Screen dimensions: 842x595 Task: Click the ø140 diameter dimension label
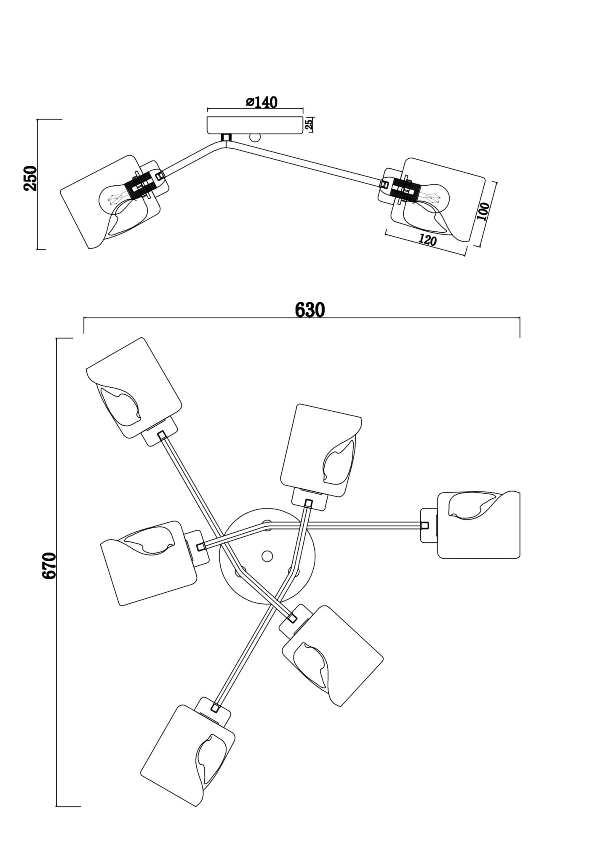(261, 102)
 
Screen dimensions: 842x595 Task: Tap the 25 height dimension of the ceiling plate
(308, 124)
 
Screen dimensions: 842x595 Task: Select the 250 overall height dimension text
(30, 178)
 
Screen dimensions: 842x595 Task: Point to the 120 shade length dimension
(427, 240)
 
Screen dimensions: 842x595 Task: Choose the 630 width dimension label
(310, 310)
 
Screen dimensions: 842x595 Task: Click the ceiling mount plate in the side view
(255, 125)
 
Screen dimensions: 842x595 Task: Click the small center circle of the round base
(267, 556)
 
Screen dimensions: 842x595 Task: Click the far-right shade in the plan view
(478, 525)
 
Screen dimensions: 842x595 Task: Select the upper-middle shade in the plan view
(321, 450)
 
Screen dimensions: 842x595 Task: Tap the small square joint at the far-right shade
(424, 525)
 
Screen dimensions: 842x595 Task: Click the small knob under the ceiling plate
(255, 138)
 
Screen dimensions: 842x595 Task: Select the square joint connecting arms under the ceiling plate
(227, 138)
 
